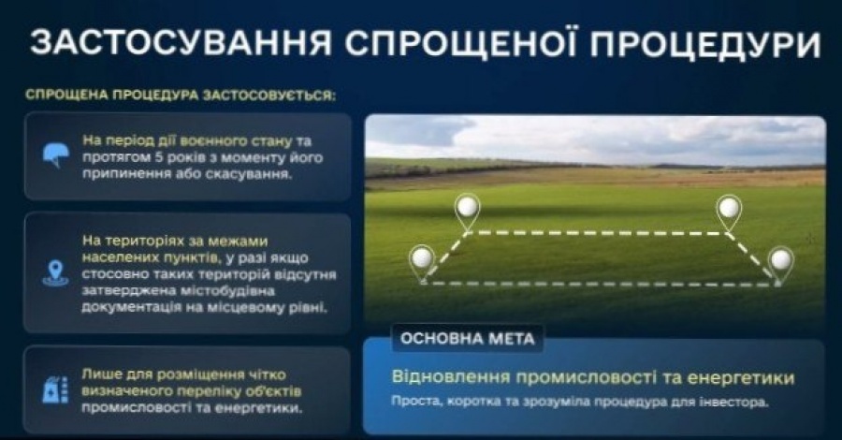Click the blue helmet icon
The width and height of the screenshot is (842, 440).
[x=56, y=155]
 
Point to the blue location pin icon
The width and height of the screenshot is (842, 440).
[x=55, y=273]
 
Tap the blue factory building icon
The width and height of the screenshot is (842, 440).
[x=55, y=390]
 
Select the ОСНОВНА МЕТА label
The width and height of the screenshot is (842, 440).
[x=467, y=339]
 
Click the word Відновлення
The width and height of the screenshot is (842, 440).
[x=450, y=376]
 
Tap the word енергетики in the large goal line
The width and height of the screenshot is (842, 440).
[x=741, y=377]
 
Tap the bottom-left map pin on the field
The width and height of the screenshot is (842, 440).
[x=422, y=263]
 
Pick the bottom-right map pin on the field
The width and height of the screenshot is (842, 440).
[x=780, y=265]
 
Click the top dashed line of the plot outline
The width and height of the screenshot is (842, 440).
[x=598, y=233]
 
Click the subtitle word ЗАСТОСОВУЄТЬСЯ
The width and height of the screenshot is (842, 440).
[x=269, y=95]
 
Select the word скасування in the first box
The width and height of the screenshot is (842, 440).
[x=249, y=175]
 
